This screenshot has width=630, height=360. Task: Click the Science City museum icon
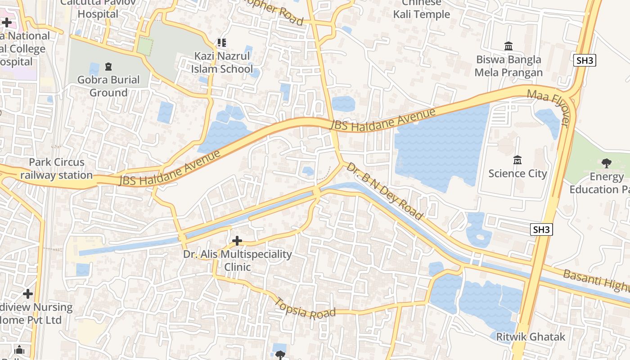coord(517,160)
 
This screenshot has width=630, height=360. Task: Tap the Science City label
coord(517,174)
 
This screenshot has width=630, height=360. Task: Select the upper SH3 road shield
coord(585,61)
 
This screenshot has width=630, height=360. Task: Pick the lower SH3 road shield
coord(541,229)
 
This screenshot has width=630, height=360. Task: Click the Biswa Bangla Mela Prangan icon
coord(508,46)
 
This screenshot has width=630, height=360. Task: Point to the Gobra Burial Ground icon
coord(108,67)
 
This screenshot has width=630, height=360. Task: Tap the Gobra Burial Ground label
coord(108,86)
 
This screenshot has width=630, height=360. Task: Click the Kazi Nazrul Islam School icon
coord(221,43)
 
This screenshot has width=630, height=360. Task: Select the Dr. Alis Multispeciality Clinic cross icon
coord(237,241)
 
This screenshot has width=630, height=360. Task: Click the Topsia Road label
coord(306,309)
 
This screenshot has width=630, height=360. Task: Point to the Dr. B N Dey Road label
coord(385,191)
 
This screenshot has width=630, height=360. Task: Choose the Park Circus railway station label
coord(57,169)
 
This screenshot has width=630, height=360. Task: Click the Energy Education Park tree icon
coord(607,163)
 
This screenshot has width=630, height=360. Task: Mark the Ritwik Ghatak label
coord(531,337)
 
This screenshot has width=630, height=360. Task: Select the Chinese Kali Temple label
coord(422,9)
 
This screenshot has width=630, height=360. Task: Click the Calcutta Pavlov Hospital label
coord(98,9)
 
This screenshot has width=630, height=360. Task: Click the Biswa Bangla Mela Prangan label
coord(508,66)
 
